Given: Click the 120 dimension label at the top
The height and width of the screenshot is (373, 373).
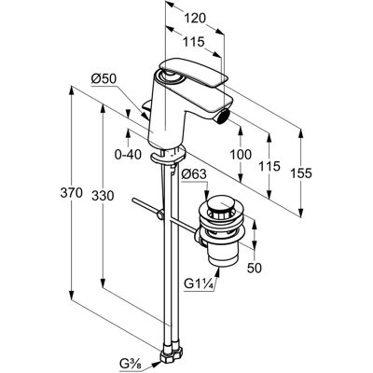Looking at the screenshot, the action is [x=196, y=19].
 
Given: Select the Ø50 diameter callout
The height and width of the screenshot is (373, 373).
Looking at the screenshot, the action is [x=104, y=79].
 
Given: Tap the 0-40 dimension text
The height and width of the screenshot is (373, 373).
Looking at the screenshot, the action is [x=128, y=154].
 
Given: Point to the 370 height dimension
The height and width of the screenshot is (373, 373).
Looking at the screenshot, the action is [x=72, y=193].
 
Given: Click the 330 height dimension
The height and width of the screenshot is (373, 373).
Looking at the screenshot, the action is [x=103, y=196].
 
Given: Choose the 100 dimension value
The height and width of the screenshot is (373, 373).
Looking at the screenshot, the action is [x=241, y=154].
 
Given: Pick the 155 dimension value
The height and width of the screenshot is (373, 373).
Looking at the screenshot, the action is [x=300, y=173].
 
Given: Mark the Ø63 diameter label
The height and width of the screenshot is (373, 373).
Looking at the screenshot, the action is [x=194, y=174].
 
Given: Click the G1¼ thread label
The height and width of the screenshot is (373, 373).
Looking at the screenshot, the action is [x=199, y=283].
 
